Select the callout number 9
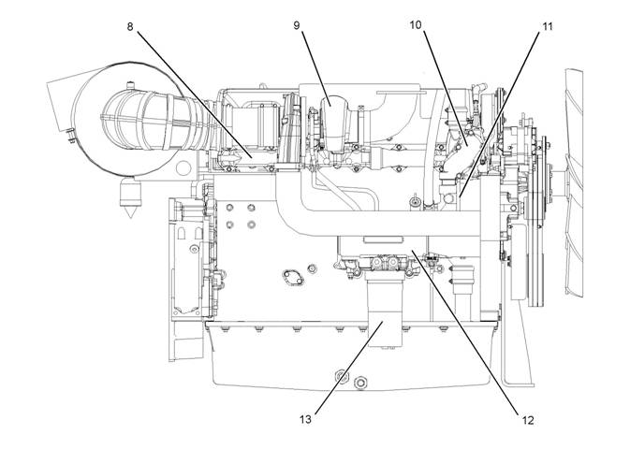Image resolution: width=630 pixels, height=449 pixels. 296,25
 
